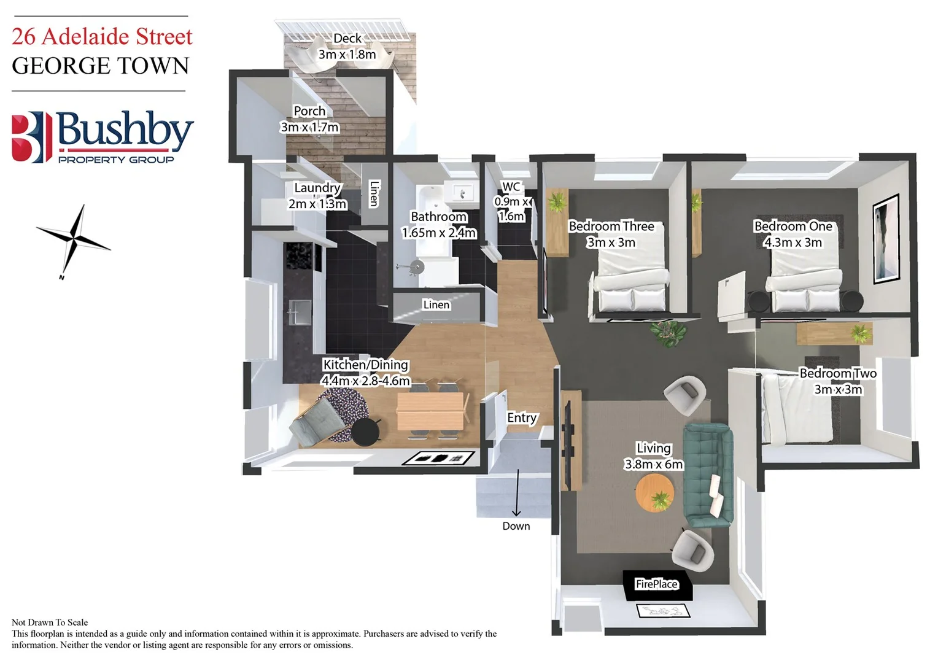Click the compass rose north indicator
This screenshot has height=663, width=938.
[x=74, y=240]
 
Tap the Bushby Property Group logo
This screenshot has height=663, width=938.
[x=103, y=138]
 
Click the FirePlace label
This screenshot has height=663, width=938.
[x=656, y=584]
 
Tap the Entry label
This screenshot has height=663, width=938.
[x=522, y=418]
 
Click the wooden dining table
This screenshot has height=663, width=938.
[x=429, y=411]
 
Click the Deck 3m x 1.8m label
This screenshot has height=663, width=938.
[x=347, y=46]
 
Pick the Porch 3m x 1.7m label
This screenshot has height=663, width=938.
[x=309, y=119]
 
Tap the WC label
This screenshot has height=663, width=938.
[x=511, y=187]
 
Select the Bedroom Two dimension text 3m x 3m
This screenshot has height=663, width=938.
[x=838, y=390]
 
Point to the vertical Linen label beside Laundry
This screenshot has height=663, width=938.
[x=374, y=193]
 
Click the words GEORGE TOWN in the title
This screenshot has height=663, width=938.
[x=101, y=66]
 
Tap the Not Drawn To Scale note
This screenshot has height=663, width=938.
[x=50, y=622]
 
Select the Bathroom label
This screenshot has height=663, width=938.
[x=438, y=217]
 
